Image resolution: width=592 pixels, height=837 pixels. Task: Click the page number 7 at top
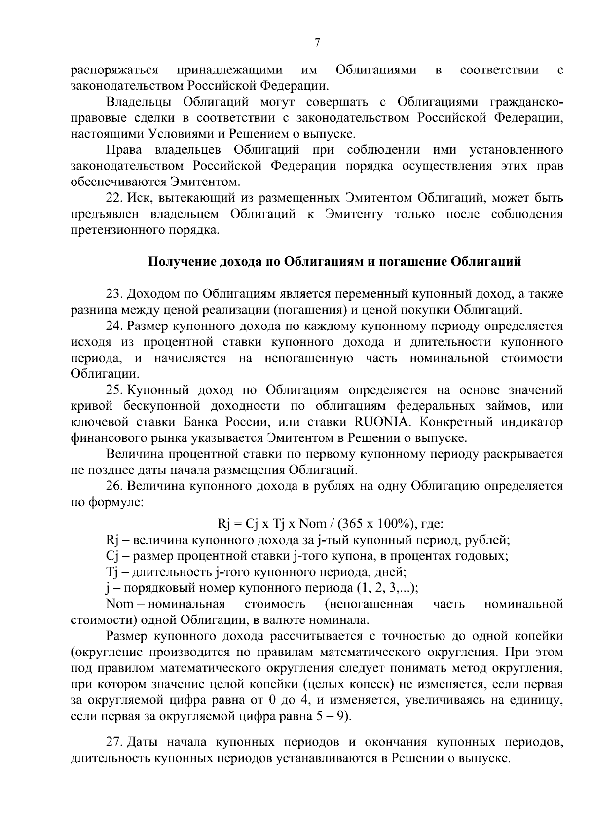coord(317,43)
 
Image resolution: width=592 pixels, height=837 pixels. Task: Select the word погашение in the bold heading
coord(412,262)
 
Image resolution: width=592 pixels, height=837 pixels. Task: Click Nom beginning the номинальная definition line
coord(116,604)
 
